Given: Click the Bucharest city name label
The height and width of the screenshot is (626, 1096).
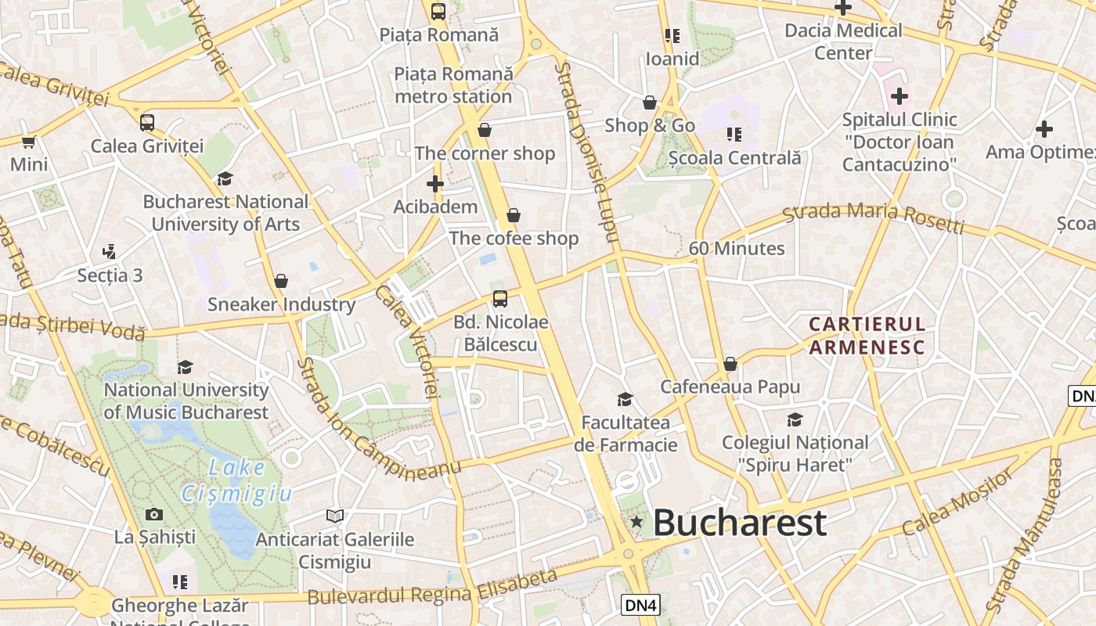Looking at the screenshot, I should click(739, 523).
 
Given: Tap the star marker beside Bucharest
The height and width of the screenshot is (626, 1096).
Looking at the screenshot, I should click(637, 522).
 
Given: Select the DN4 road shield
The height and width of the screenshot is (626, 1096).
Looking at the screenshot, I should click(641, 604).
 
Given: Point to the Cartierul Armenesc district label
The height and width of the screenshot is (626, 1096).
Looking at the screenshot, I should click(867, 335).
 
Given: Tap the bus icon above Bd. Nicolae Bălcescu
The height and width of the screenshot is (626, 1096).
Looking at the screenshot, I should click(500, 298).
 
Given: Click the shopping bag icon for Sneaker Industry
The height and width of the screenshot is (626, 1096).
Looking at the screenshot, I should click(281, 281).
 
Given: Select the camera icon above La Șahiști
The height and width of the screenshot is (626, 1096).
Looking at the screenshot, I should click(154, 514).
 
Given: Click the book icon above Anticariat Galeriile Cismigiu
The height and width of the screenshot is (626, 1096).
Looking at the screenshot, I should click(335, 516).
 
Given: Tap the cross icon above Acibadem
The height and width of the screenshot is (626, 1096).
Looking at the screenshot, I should click(435, 184).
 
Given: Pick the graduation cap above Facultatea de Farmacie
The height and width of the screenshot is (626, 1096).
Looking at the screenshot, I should click(625, 399).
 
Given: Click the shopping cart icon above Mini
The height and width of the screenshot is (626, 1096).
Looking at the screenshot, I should click(29, 142).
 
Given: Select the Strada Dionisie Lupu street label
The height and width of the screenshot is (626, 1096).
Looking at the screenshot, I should click(587, 153).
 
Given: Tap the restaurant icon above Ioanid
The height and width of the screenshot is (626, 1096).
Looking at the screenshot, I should click(672, 36).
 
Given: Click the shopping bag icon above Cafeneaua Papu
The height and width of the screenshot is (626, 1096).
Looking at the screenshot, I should click(730, 364).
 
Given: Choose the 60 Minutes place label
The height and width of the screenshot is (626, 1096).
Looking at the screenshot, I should click(736, 249).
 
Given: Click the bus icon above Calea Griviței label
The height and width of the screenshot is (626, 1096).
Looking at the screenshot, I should click(147, 123).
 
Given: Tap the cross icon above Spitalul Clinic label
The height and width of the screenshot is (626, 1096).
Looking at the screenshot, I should click(900, 96).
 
